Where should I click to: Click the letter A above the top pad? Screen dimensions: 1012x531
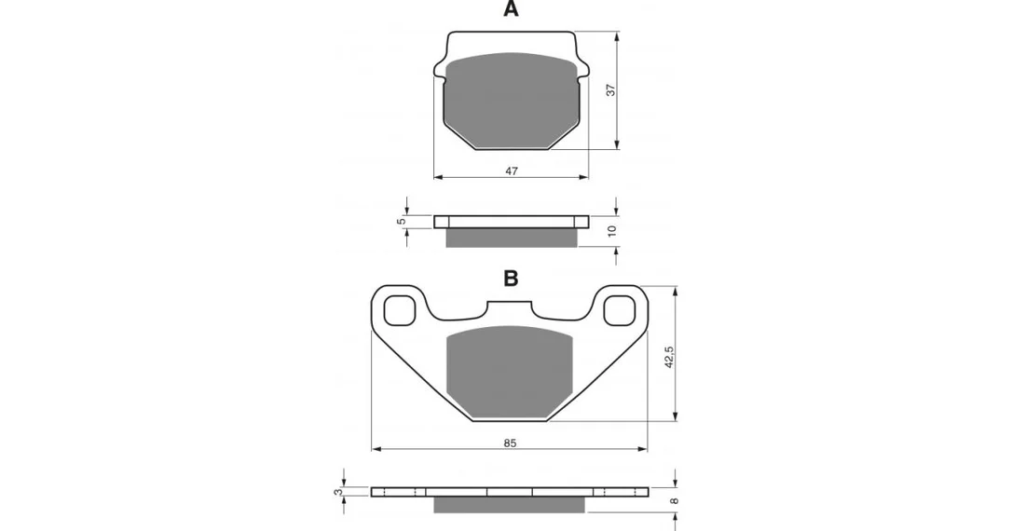pos(511,9)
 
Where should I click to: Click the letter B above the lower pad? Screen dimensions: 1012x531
pos(511,279)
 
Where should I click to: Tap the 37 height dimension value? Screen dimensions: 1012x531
pos(611,89)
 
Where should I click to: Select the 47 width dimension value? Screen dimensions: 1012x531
pos(512,171)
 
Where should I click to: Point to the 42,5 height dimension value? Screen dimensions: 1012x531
pos(669,357)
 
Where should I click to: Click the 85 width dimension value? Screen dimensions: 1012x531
pos(510,443)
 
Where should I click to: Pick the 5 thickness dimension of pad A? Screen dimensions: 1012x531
pos(401,222)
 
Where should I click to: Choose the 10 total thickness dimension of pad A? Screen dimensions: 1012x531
pos(612,230)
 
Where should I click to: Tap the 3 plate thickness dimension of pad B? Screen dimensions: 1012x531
pos(337,492)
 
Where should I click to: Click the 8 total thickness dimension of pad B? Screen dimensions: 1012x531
pos(675,500)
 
